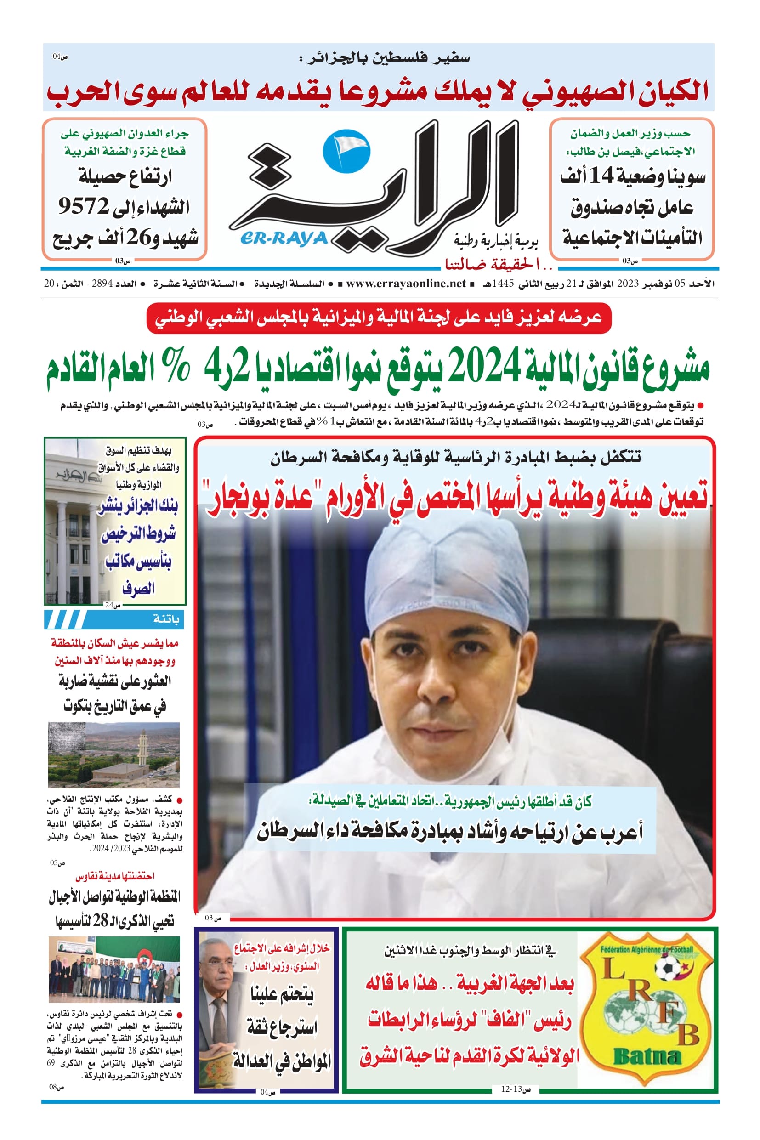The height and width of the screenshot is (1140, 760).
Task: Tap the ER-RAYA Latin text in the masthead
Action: (x=284, y=238)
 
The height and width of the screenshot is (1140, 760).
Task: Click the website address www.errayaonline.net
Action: (x=406, y=284)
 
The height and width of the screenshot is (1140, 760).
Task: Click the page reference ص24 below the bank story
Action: (x=113, y=605)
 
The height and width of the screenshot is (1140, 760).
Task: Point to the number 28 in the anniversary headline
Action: (x=100, y=921)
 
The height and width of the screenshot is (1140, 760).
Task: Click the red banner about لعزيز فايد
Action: (x=379, y=318)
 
